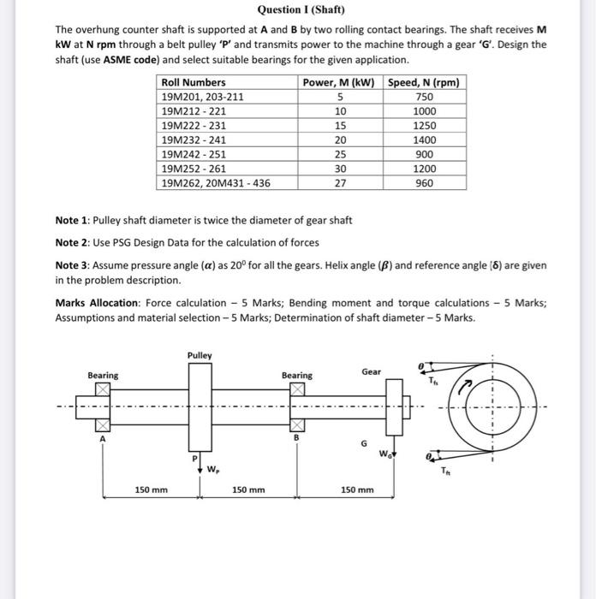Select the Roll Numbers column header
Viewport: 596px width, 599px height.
pos(194,83)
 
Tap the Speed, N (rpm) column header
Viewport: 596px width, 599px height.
pos(424,83)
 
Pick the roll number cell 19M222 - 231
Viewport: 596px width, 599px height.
pos(194,125)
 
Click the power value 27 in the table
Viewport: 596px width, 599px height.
pos(340,183)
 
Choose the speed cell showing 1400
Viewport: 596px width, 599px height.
pos(424,139)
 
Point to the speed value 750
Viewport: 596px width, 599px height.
pos(424,97)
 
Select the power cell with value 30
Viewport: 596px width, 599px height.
pos(340,169)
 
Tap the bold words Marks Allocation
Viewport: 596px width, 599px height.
pos(98,303)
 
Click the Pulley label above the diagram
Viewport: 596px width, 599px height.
pos(200,355)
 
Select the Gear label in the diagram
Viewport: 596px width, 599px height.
pos(371,371)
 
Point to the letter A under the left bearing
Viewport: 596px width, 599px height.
pos(103,438)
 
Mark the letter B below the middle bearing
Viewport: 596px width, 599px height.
pos(296,438)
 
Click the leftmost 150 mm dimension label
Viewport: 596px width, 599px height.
pos(151,489)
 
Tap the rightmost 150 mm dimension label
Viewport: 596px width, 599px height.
pos(356,489)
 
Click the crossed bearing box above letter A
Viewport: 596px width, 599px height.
pos(103,389)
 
